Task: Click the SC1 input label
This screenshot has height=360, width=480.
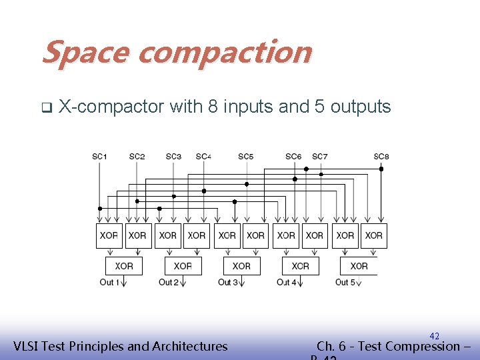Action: tap(99, 157)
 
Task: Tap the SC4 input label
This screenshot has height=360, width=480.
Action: tap(203, 157)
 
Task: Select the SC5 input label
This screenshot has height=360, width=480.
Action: tap(246, 157)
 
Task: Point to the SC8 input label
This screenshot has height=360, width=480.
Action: tap(381, 157)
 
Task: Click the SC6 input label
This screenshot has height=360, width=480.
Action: tap(293, 157)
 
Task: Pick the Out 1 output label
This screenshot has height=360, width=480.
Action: tap(109, 282)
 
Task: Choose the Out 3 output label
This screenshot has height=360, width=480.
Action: tap(227, 282)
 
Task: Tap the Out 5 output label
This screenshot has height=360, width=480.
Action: tap(345, 282)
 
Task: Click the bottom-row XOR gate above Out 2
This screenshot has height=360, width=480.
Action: tap(183, 266)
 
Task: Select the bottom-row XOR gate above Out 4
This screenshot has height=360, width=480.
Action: tap(301, 266)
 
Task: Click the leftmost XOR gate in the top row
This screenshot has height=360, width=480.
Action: tap(109, 235)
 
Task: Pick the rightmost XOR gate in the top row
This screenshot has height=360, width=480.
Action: tap(374, 235)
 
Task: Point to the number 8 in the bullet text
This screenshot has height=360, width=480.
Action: tap(212, 106)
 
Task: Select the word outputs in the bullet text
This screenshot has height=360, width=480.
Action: tap(361, 107)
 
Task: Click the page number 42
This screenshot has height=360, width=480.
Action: tap(435, 336)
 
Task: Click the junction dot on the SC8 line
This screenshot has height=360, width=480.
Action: tap(381, 169)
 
